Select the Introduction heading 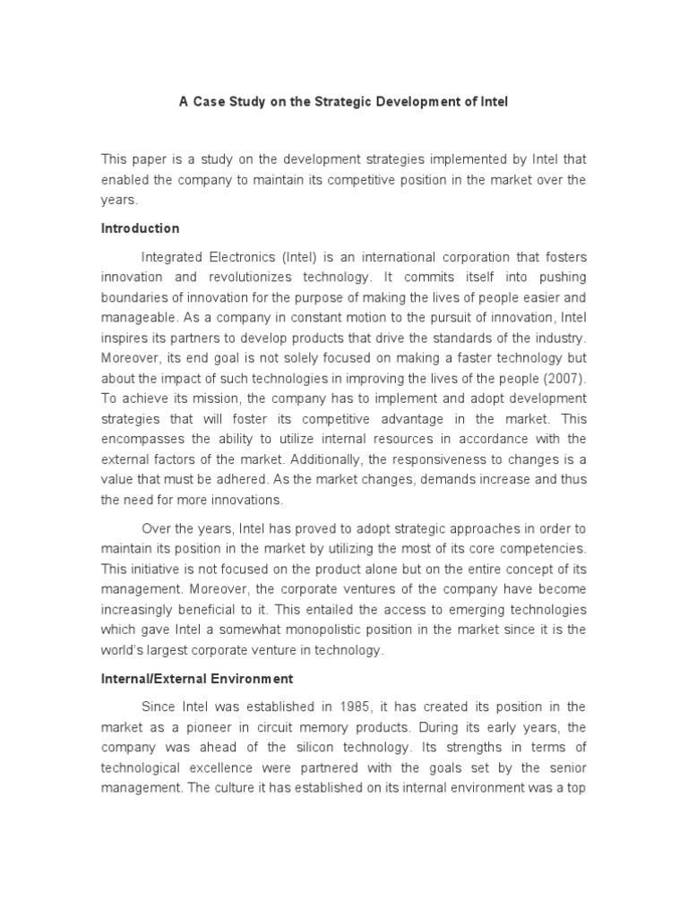(140, 228)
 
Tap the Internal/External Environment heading (196, 679)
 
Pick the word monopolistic (314, 630)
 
